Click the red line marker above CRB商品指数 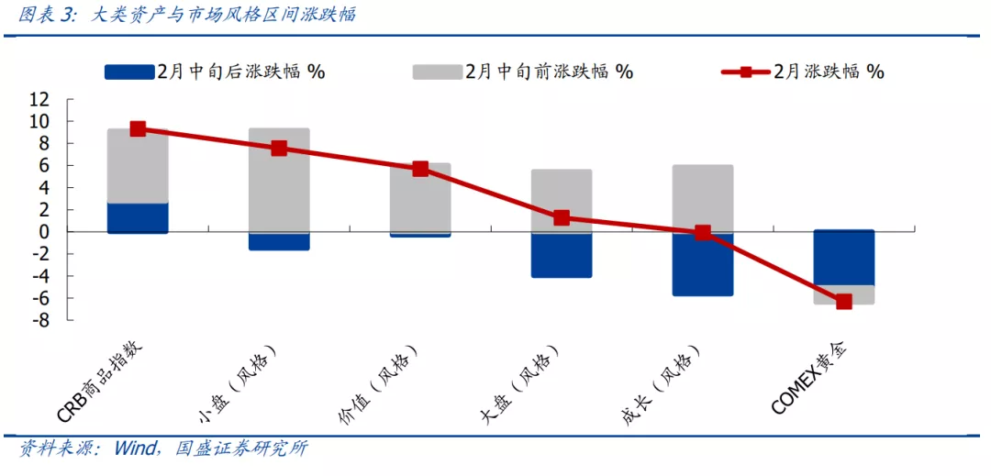tap(138, 128)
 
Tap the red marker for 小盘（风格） tap(279, 148)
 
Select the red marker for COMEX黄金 tap(843, 301)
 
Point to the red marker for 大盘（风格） tap(562, 217)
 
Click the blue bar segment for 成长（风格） tap(703, 264)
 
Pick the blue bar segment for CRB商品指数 tap(138, 218)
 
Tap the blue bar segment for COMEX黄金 tap(843, 258)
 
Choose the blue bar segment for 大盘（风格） tap(562, 255)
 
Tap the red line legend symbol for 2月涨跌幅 tap(745, 72)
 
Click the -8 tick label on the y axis tap(38, 320)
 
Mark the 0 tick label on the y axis tap(42, 232)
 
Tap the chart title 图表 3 tap(48, 15)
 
